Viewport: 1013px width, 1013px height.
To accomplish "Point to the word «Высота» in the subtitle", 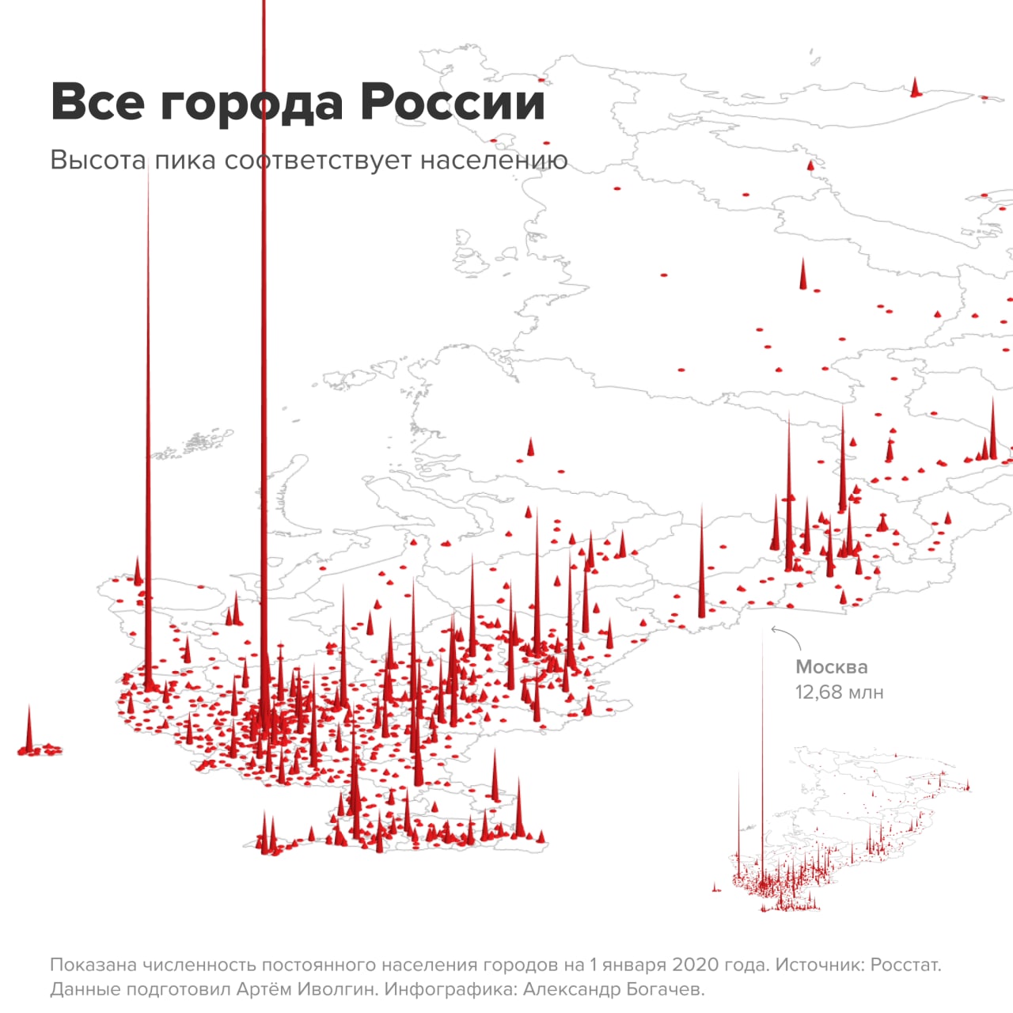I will [x=97, y=160].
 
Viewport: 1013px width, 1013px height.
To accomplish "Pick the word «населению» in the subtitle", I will [x=494, y=160].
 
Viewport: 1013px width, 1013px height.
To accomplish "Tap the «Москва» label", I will [x=831, y=666].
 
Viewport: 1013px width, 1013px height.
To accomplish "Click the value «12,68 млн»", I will [x=839, y=692].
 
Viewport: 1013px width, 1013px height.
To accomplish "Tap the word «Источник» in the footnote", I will [x=810, y=965].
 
